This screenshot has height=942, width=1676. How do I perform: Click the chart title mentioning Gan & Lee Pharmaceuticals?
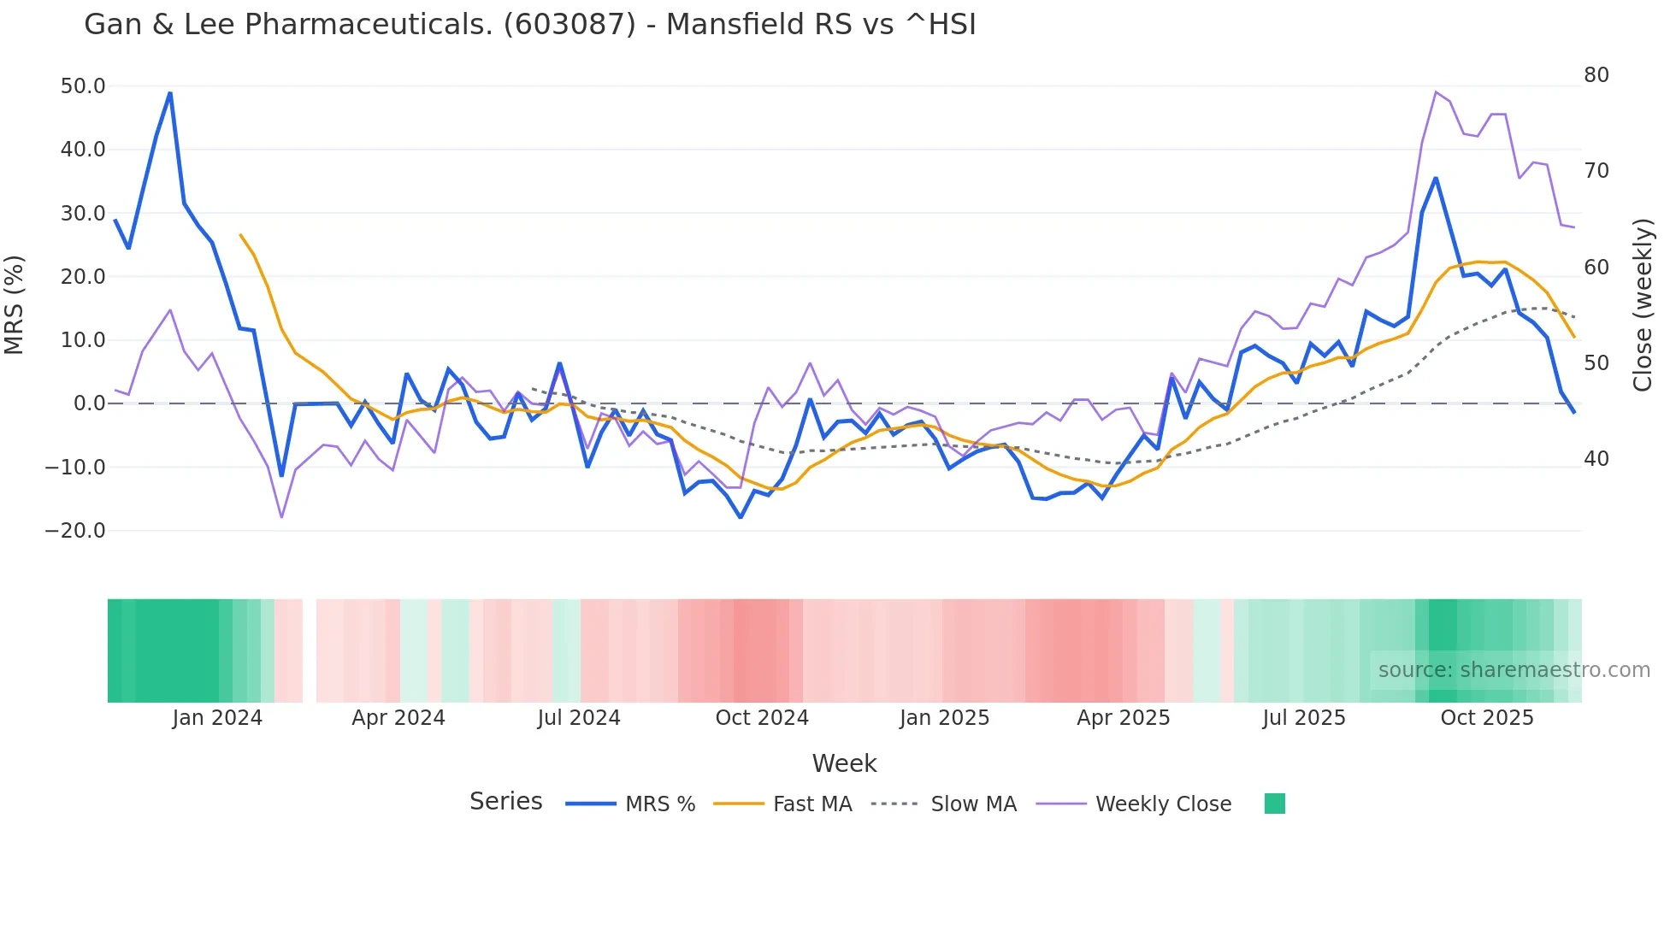[529, 25]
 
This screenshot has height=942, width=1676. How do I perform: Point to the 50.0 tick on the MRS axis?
[83, 86]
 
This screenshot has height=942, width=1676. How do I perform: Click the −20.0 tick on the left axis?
[75, 531]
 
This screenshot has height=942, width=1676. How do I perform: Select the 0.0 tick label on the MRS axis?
[89, 403]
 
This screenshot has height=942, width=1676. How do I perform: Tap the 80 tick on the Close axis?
[1596, 75]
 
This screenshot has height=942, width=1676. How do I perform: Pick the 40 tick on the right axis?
[1596, 459]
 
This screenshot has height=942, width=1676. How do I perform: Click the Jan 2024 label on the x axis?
[217, 718]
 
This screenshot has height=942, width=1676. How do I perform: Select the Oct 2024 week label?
[762, 718]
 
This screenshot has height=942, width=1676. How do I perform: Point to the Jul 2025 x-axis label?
[1304, 718]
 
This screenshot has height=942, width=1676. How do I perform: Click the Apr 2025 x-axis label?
[1123, 718]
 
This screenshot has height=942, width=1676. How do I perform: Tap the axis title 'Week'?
[844, 763]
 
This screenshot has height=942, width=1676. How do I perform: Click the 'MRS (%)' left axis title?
[15, 304]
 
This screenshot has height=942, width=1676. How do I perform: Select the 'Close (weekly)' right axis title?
[1642, 305]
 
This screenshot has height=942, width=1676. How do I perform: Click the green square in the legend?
[1274, 804]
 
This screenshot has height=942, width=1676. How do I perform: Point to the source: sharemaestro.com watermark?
[1514, 670]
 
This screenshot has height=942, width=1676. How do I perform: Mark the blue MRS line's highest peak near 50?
[170, 93]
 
